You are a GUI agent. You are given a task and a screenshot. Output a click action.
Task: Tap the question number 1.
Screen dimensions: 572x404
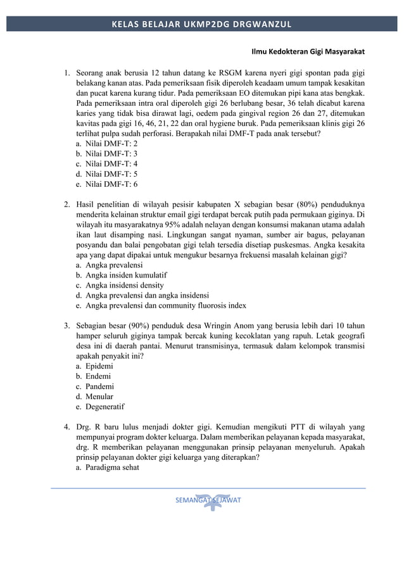pos(66,73)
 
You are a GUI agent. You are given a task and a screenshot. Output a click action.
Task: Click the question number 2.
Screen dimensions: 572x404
pos(66,205)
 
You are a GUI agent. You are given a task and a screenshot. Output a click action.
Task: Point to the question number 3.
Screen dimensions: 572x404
pos(66,326)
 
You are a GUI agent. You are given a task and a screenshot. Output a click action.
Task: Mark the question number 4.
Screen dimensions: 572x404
pos(66,427)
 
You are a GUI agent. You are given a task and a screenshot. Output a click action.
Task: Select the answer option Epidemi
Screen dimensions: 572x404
pos(99,366)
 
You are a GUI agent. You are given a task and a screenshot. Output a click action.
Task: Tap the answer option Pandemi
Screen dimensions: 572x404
pos(99,386)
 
